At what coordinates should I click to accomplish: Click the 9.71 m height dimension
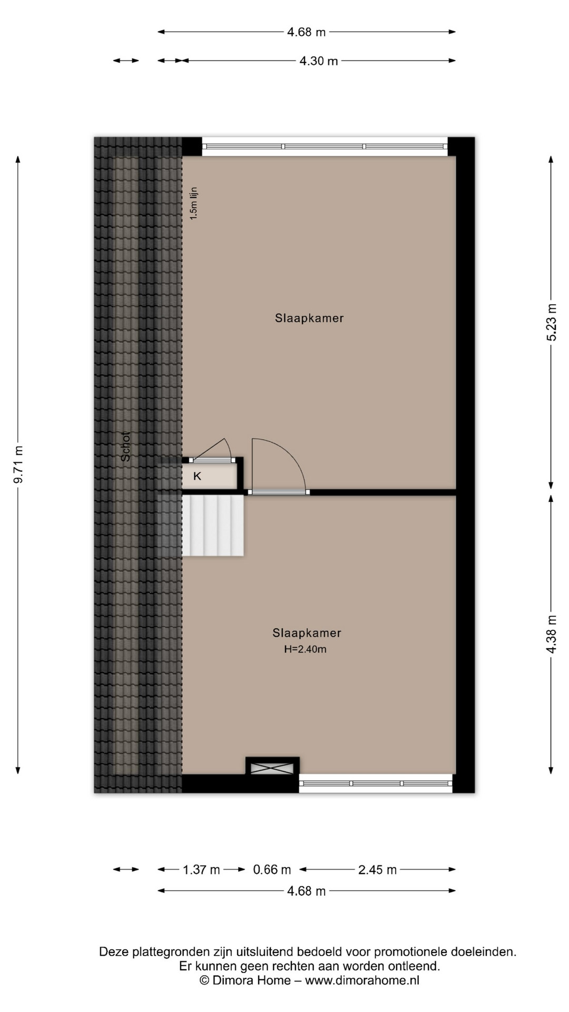tap(18, 464)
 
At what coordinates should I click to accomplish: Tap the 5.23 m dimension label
tap(551, 323)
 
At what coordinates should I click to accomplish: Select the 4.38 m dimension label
tap(551, 634)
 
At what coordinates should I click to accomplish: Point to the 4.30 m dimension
tap(319, 61)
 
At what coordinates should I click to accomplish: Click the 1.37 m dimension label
tap(201, 870)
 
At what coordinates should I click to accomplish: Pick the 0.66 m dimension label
tap(272, 870)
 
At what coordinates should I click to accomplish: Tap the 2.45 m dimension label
tap(377, 870)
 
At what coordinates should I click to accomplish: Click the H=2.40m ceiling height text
tap(306, 649)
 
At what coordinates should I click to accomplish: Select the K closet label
tap(198, 476)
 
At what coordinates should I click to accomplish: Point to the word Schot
tap(125, 446)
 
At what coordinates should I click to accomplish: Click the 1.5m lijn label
tap(193, 203)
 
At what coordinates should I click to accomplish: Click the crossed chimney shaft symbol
tap(272, 768)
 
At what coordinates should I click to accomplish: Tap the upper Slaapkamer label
tap(309, 318)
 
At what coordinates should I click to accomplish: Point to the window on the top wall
tap(325, 147)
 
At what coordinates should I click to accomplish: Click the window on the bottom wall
tap(376, 783)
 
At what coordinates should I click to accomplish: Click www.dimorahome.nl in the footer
tap(362, 980)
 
